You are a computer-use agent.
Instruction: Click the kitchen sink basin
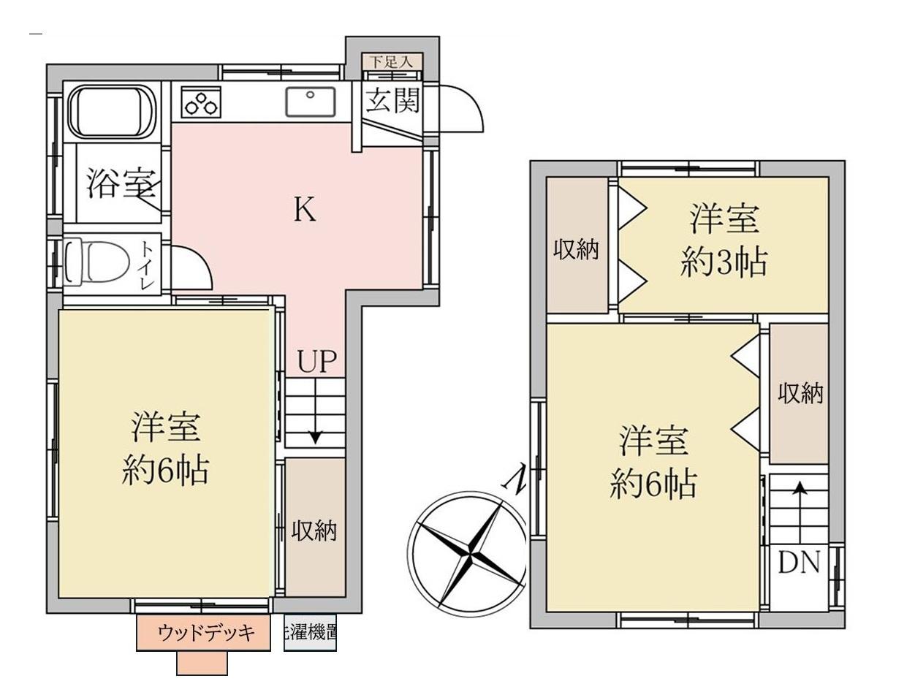(x=311, y=102)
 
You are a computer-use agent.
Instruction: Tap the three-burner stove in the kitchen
(x=201, y=102)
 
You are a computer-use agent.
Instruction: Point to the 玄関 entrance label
(x=393, y=101)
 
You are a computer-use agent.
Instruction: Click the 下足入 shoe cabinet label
(x=392, y=61)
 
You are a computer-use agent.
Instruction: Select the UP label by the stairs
(x=316, y=362)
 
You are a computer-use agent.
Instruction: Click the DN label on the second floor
(x=799, y=563)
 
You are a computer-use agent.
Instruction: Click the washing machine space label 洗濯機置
(x=310, y=633)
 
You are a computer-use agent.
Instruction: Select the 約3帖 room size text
(x=723, y=262)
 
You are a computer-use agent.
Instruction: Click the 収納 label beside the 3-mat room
(x=576, y=250)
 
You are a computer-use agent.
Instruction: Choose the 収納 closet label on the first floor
(x=314, y=531)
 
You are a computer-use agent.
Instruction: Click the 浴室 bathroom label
(x=121, y=183)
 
